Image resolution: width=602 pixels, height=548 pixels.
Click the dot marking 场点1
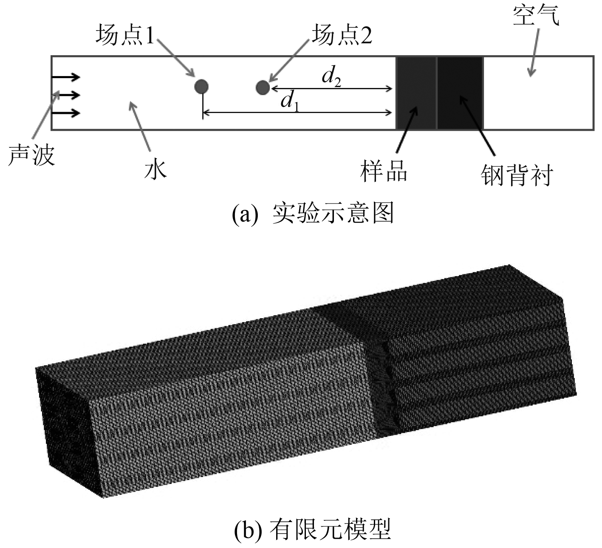201,87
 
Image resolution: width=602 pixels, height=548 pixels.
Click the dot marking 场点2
263,88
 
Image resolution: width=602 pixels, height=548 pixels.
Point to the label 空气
536,16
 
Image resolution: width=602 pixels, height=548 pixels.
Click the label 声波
32,155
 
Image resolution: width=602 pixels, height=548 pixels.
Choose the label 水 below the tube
155,169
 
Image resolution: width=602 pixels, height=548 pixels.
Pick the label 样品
384,171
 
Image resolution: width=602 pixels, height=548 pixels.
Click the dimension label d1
290,102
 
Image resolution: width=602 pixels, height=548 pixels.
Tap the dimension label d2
331,77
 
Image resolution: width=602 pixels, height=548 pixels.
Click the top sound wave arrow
65,77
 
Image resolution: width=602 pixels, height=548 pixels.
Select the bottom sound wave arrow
65,113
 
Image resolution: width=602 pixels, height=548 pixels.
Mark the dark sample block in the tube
416,93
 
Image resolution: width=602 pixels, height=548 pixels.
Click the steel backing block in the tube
460,93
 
